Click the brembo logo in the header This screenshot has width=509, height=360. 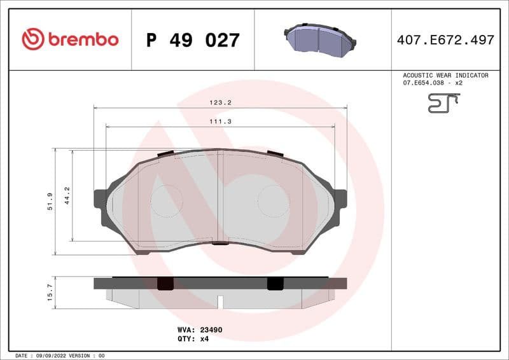70,39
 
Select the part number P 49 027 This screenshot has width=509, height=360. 193,40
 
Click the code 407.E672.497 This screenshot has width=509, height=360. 445,40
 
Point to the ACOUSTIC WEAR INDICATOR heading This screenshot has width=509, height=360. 445,75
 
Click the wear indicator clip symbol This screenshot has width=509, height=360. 443,102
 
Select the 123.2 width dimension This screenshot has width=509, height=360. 220,102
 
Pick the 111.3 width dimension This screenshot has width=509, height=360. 220,121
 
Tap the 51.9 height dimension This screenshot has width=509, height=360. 50,201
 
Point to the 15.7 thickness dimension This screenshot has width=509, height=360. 50,291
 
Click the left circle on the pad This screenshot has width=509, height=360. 167,201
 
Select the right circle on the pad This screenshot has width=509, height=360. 273,201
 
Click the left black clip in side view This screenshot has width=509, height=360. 165,284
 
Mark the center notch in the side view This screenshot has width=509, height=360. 220,301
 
